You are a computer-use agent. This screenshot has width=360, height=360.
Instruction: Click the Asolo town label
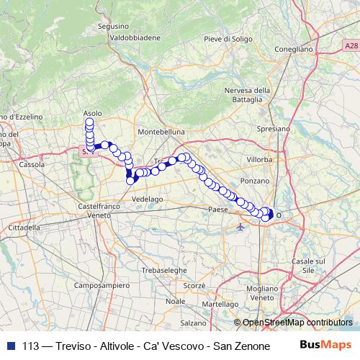[x=92, y=113]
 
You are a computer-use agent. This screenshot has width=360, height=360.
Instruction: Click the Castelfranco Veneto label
[x=94, y=210]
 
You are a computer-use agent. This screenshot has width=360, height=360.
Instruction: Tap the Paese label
[x=217, y=209]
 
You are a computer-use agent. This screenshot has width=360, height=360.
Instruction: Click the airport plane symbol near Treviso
[x=240, y=227]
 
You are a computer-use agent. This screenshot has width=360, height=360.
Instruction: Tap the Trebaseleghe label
[x=164, y=269]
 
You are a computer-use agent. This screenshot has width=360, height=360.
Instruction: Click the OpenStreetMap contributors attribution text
[x=297, y=323]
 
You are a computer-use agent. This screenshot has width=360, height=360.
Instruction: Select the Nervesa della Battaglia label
[x=247, y=95]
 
